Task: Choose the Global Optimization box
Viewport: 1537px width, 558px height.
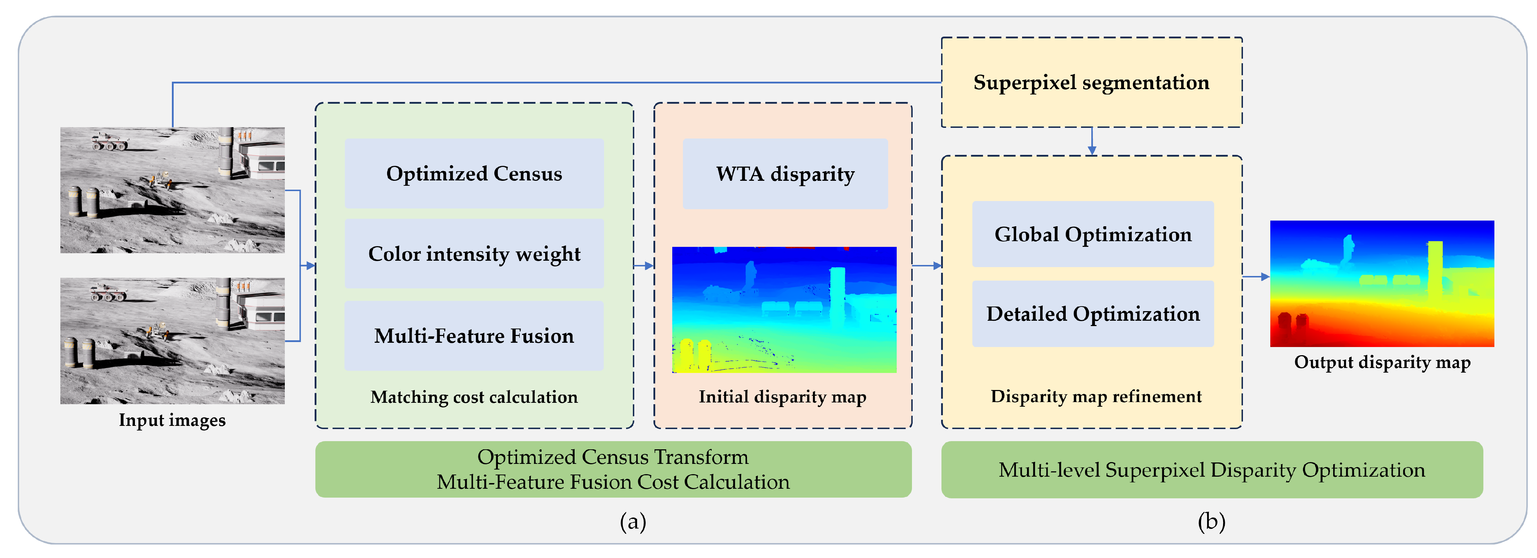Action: click(x=1092, y=234)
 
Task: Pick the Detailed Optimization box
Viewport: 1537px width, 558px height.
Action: click(x=1092, y=314)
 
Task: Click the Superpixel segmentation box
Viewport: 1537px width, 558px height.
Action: click(x=1091, y=82)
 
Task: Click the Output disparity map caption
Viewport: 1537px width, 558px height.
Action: click(x=1382, y=362)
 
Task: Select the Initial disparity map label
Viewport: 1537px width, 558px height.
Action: click(x=782, y=397)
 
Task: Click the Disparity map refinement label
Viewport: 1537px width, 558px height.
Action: click(x=1096, y=396)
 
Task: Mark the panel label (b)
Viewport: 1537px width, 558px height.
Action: click(x=1211, y=522)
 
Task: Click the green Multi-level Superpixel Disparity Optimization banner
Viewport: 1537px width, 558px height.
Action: click(x=1211, y=470)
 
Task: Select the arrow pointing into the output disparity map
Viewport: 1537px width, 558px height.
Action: click(x=1256, y=277)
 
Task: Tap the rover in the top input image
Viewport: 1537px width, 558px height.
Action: click(x=109, y=141)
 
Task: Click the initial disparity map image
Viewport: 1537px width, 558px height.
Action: click(x=784, y=310)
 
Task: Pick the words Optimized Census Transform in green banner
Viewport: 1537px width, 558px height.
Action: click(x=612, y=457)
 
